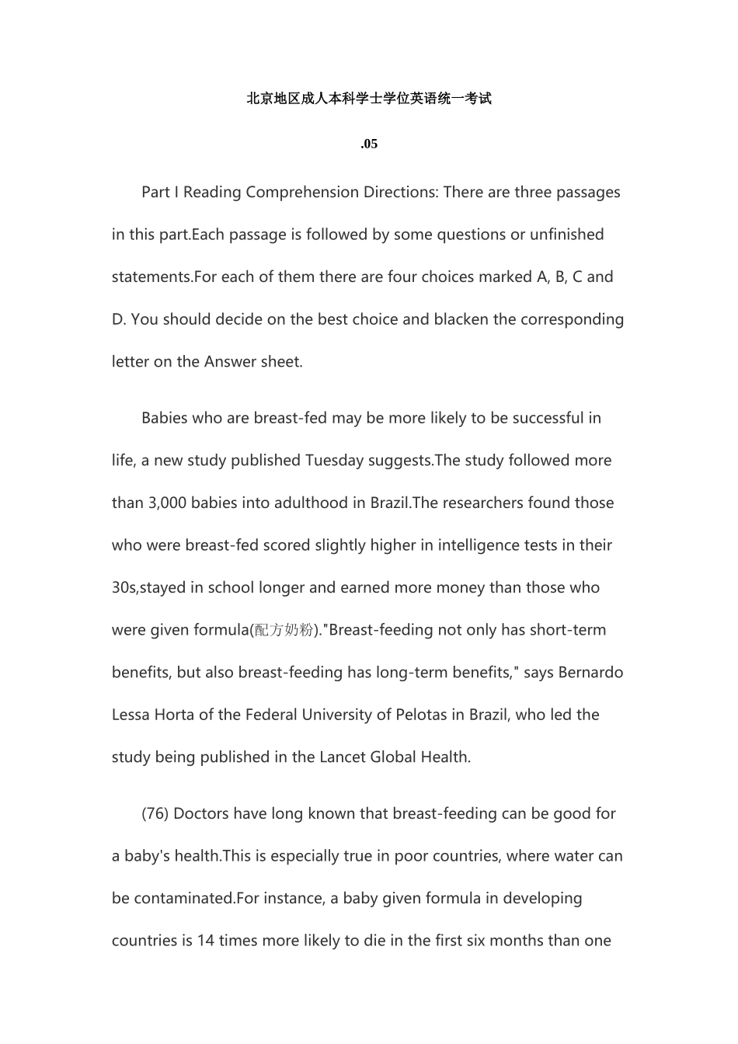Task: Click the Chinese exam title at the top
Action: (x=369, y=99)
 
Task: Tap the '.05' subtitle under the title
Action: (x=369, y=144)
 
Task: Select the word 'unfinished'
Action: (x=566, y=235)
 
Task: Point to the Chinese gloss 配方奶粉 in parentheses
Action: (x=284, y=631)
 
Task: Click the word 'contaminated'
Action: (x=184, y=899)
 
